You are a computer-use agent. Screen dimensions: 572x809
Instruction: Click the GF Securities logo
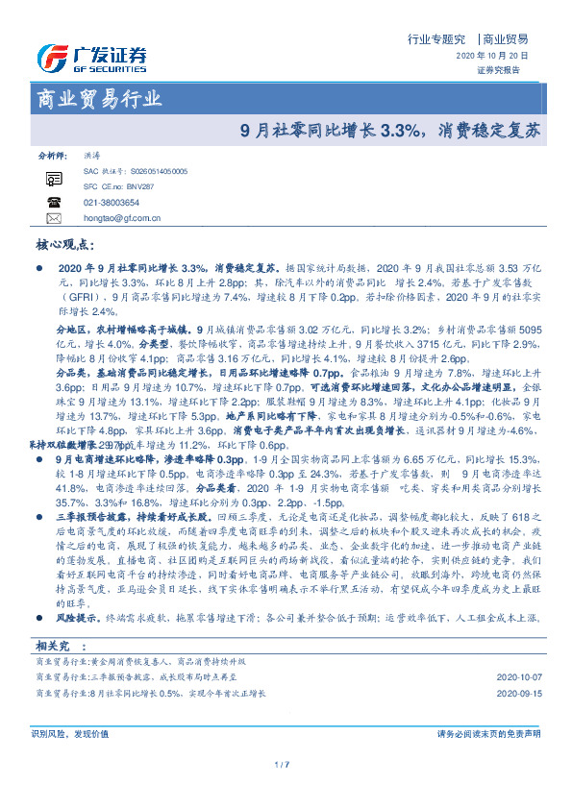click(x=91, y=58)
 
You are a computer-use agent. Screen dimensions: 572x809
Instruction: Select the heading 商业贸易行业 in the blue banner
click(x=99, y=98)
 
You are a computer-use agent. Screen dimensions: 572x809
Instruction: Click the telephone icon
click(x=54, y=202)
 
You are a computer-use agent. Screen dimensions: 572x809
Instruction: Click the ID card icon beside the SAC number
click(x=54, y=178)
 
